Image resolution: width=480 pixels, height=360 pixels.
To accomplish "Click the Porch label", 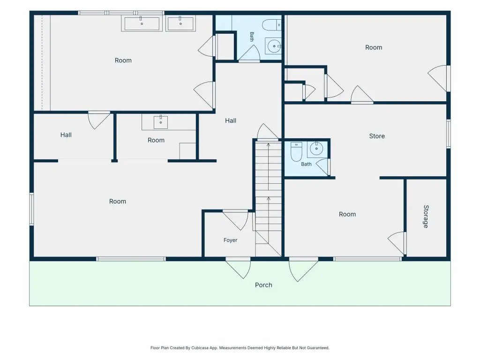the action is click(x=263, y=285).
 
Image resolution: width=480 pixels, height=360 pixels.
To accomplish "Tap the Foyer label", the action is click(x=230, y=240).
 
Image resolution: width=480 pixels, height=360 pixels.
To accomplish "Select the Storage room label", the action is click(x=426, y=217).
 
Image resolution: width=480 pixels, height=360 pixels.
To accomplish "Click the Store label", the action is click(x=377, y=136).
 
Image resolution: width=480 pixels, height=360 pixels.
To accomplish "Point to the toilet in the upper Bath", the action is click(x=271, y=25).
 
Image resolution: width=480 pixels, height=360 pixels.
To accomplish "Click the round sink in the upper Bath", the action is click(x=273, y=46).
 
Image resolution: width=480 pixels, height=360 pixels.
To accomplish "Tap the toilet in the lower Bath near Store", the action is click(x=296, y=152).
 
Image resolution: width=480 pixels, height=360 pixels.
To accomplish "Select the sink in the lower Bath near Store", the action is click(x=316, y=149).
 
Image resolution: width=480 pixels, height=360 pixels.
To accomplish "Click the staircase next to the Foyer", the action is click(x=269, y=199).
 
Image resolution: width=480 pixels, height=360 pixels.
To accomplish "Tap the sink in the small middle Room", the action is click(x=161, y=122).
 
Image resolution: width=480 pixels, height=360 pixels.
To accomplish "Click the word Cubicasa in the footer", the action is click(x=200, y=348).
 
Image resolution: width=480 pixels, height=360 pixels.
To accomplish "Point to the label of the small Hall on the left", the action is click(x=66, y=135).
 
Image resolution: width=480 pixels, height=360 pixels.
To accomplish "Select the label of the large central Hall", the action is click(x=231, y=121).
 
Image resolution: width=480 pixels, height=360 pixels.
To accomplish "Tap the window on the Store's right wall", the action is click(x=449, y=134).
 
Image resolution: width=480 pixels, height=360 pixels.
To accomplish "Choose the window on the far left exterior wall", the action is click(x=31, y=209).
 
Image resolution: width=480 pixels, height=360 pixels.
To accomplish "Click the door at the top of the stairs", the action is click(x=268, y=132).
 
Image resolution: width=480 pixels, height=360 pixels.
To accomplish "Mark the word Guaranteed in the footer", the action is click(x=319, y=348).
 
